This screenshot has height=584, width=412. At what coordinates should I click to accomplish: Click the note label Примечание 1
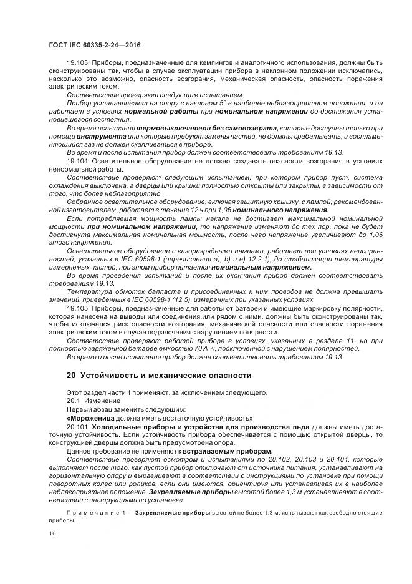coord(88,511)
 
